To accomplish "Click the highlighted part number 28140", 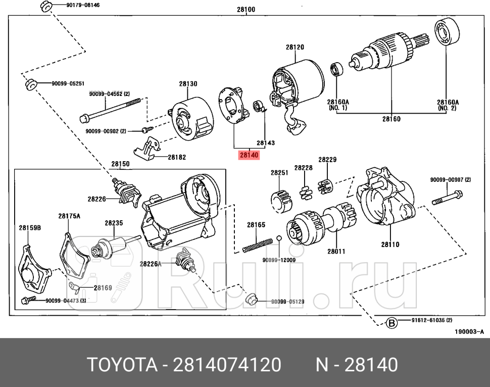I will pyautogui.click(x=249, y=155).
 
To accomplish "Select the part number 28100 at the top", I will pyautogui.click(x=246, y=9).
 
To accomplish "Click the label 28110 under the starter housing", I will pyautogui.click(x=390, y=245).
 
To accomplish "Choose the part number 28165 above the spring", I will pyautogui.click(x=256, y=225).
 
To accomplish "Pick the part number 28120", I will pyautogui.click(x=295, y=47).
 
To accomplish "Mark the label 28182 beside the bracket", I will pyautogui.click(x=177, y=157).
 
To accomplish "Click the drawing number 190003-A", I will pyautogui.click(x=469, y=331).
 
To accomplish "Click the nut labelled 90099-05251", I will pyautogui.click(x=31, y=84).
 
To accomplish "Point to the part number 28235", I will pyautogui.click(x=114, y=222).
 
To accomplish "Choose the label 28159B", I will pyautogui.click(x=30, y=228).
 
